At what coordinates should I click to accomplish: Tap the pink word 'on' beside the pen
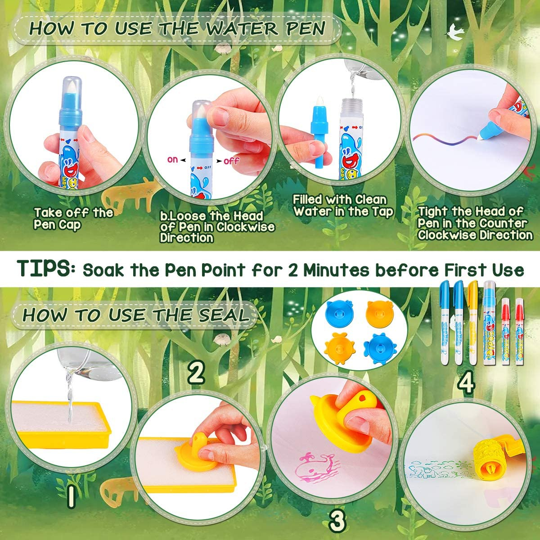[x=172, y=160]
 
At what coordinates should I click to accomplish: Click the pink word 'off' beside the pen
[x=231, y=161]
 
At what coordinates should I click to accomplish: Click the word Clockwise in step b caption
[x=246, y=227]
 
